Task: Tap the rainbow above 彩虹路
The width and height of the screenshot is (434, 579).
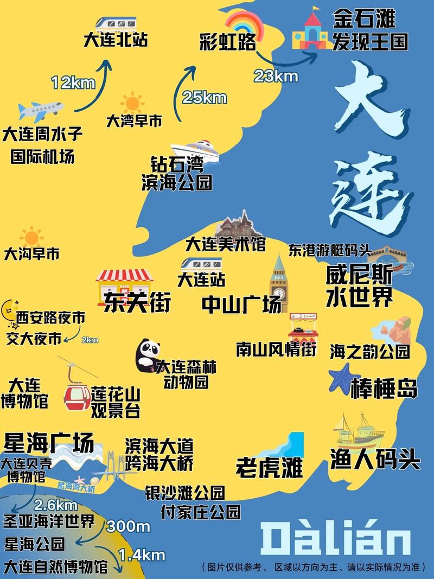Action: click(x=244, y=23)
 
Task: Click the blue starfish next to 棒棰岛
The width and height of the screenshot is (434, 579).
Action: click(x=342, y=377)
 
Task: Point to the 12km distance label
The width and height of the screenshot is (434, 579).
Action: click(x=73, y=83)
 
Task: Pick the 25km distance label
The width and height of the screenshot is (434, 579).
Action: click(x=205, y=98)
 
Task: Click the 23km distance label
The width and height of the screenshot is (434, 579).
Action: click(x=276, y=76)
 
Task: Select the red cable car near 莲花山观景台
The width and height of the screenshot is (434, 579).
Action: click(x=76, y=395)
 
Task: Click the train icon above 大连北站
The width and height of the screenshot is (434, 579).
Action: click(x=116, y=23)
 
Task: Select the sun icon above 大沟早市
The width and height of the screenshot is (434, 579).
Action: click(x=31, y=237)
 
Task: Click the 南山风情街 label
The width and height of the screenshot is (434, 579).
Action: click(x=276, y=349)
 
